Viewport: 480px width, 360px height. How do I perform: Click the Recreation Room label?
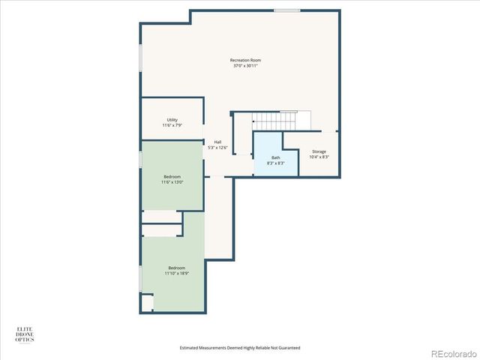245,60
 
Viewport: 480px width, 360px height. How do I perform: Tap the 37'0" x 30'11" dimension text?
245,66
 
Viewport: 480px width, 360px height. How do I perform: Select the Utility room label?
172,120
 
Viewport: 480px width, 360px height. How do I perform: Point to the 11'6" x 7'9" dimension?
172,125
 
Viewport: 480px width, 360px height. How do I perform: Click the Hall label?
217,142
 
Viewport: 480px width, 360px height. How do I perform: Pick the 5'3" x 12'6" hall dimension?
217,148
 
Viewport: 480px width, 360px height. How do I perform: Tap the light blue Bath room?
275,154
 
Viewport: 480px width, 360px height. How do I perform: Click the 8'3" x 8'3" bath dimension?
275,163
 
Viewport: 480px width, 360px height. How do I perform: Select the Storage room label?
319,151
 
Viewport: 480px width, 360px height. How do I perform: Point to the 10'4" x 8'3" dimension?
319,157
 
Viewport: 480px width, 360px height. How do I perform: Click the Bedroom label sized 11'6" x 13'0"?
172,176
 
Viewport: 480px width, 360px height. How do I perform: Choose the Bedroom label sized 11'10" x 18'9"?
176,268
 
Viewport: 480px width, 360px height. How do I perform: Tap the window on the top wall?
286,10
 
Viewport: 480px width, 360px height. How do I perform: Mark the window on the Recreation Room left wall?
140,58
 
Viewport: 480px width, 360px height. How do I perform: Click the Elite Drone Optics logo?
25,334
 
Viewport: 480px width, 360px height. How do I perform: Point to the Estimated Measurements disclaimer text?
240,348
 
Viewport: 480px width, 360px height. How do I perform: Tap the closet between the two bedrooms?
163,223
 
